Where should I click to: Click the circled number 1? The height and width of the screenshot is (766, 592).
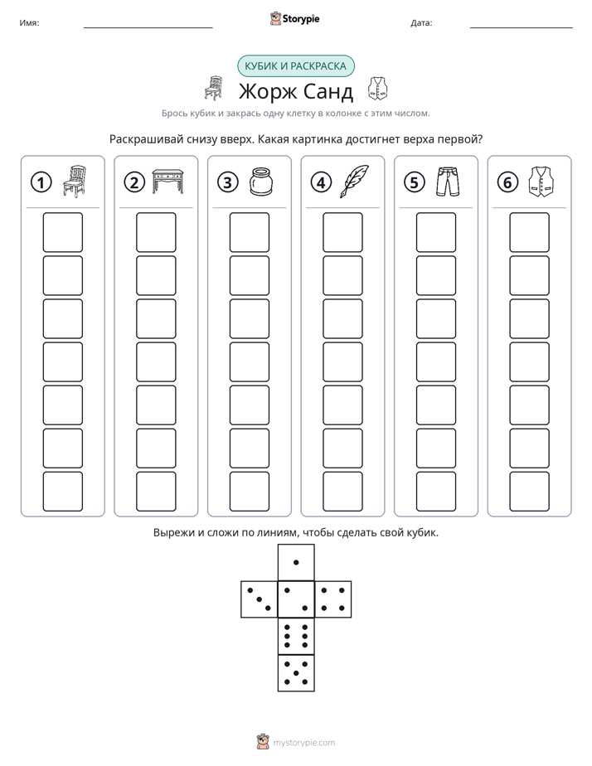point(41,182)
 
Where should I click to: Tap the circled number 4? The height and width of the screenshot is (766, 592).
point(321,182)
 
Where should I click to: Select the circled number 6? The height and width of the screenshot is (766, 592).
point(507,182)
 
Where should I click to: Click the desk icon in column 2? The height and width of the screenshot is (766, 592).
point(168,182)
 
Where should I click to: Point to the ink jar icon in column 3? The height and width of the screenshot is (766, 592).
point(261,182)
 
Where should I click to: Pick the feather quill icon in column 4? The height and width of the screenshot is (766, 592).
point(355,182)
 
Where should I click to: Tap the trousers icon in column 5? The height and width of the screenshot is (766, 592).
point(448,182)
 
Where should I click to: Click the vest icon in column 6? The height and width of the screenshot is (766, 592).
point(541,182)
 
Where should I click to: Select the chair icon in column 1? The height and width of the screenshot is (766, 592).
point(75,182)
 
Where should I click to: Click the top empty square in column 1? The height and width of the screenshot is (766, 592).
point(62,232)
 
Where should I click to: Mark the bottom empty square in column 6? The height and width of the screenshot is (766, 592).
point(530,492)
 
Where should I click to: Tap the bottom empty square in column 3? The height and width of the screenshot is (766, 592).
point(249,492)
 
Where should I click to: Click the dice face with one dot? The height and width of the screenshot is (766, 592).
point(296,562)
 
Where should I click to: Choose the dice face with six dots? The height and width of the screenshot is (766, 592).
point(296,636)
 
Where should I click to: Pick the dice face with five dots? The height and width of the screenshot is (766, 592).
point(296,673)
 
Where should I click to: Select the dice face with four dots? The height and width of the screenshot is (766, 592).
point(333,599)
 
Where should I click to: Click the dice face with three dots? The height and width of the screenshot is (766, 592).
point(259,599)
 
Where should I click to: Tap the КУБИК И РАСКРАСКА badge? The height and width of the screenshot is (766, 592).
point(295,66)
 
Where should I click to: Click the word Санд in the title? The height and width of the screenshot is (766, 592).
point(328,91)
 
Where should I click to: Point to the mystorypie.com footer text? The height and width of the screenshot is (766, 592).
point(303,743)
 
